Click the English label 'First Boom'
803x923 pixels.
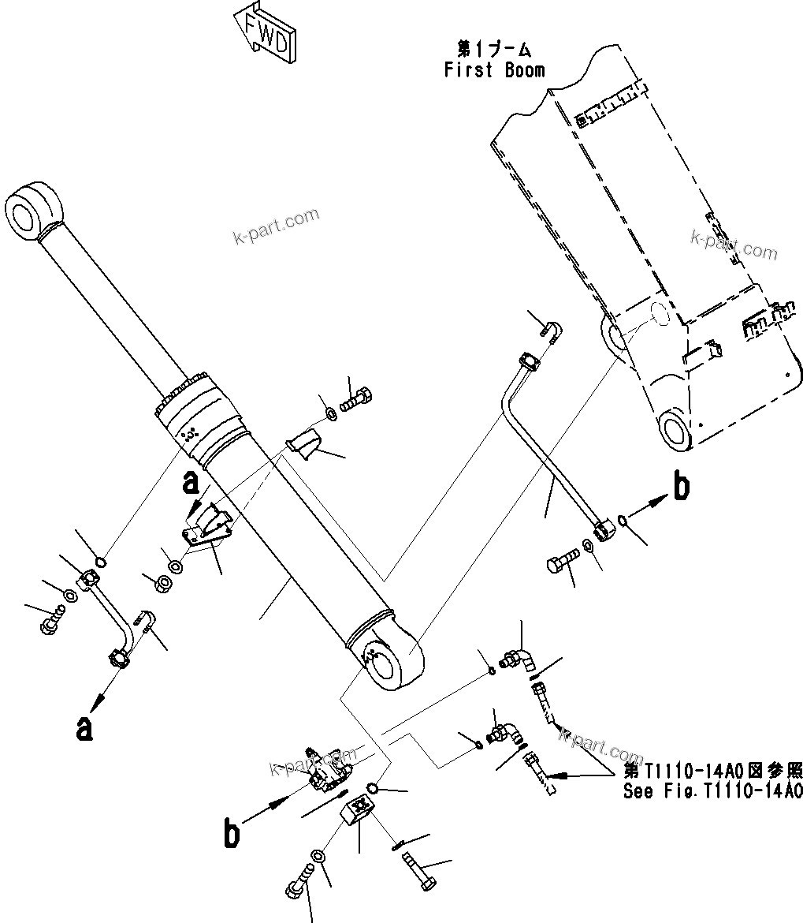(494, 70)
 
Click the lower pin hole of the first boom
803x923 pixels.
(675, 431)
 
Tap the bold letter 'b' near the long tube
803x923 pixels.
(681, 488)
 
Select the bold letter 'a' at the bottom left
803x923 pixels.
(84, 727)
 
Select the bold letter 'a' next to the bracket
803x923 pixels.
(190, 482)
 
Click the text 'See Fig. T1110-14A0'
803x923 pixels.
(712, 792)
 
